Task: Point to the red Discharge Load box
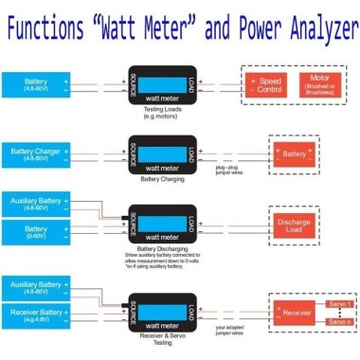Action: [296, 224]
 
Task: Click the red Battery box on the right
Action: [295, 153]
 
